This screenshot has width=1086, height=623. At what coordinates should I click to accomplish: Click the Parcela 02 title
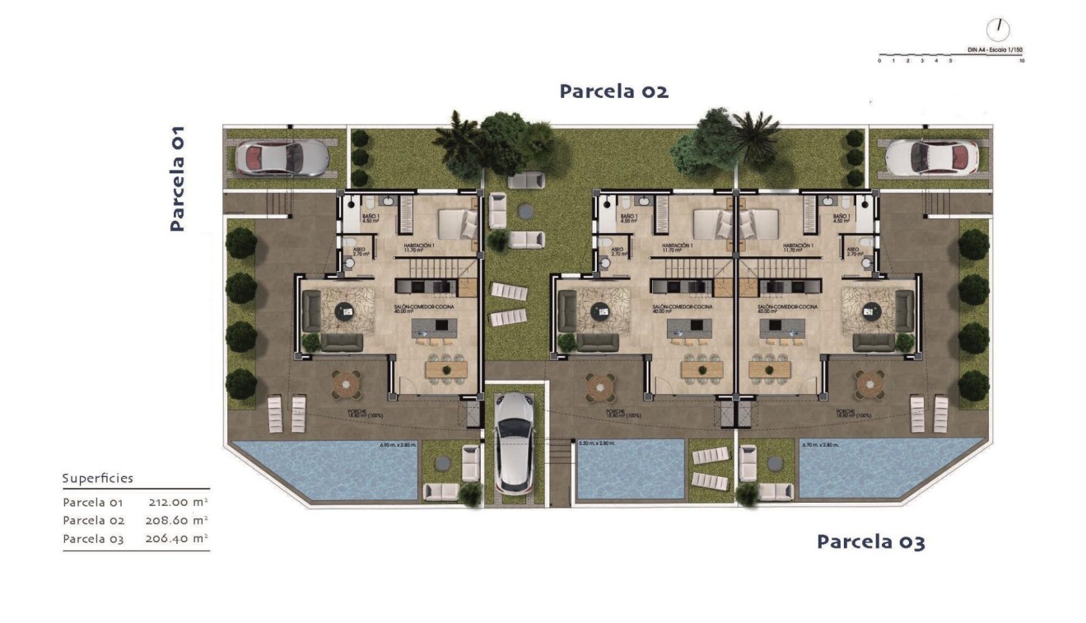coord(613,91)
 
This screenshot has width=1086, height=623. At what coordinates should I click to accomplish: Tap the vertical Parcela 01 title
coord(177,178)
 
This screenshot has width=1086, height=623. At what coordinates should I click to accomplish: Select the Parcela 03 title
coord(870,542)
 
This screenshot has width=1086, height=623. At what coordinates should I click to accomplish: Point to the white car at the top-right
coord(932,157)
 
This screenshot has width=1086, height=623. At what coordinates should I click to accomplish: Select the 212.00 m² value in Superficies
coord(178,502)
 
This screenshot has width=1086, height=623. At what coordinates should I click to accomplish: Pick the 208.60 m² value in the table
coord(178,520)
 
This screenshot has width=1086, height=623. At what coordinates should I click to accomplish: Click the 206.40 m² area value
coord(178,539)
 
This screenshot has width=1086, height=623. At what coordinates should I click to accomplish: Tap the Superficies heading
coord(97,479)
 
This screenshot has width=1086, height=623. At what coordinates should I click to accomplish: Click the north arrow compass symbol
coord(999,28)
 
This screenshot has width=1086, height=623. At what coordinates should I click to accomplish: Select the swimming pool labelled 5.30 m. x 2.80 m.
coord(630,470)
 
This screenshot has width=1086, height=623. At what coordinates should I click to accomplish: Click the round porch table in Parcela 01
coord(347,382)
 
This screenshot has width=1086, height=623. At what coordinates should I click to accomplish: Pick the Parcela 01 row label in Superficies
coord(92,502)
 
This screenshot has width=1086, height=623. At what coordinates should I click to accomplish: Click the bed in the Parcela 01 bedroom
coord(456,223)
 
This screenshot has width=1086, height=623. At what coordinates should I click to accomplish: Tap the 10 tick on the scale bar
coord(1022,61)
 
